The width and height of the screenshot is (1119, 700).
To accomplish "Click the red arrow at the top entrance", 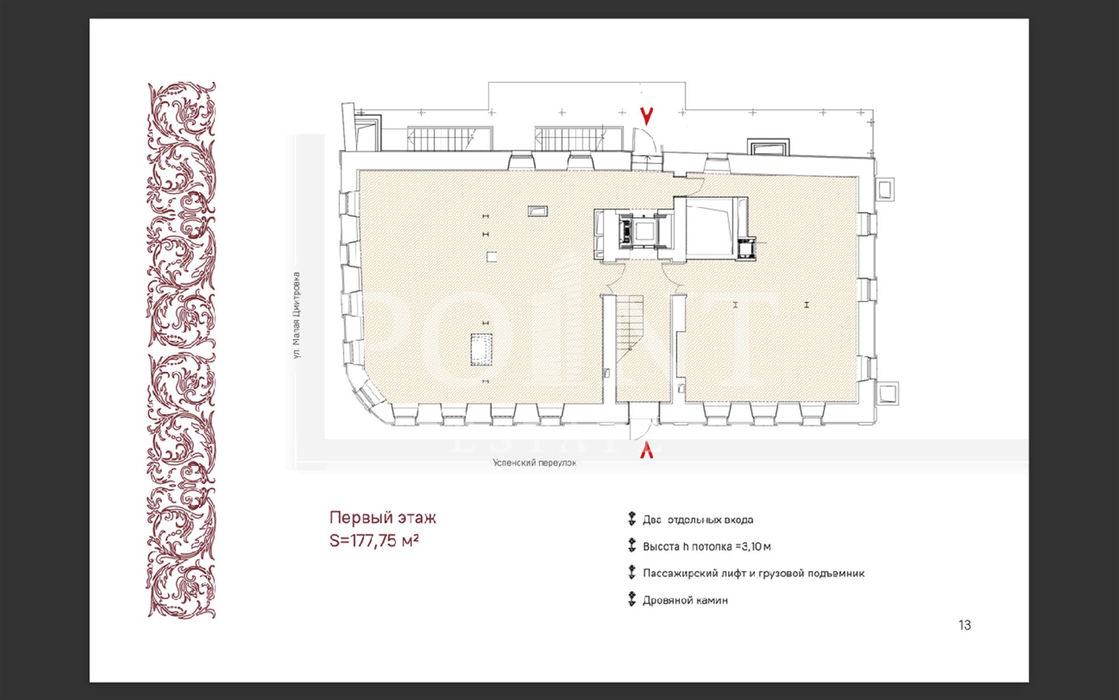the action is [646, 117].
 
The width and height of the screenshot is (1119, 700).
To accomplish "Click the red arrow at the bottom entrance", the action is [646, 449].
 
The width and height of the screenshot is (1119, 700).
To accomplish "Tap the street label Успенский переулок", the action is [534, 463].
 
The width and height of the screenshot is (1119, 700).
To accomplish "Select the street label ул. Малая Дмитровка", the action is [298, 315].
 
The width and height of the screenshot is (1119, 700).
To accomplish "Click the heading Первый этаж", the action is [383, 518].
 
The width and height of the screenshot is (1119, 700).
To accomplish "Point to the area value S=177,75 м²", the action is [375, 541].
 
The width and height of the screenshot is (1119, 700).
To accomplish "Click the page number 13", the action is [965, 625].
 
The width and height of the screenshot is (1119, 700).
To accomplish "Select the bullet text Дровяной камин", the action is [685, 600].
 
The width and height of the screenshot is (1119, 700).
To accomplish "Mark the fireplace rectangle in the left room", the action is [481, 349].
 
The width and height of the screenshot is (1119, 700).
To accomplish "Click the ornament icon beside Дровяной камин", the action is [631, 600].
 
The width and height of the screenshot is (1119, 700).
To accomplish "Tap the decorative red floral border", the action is [181, 350].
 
